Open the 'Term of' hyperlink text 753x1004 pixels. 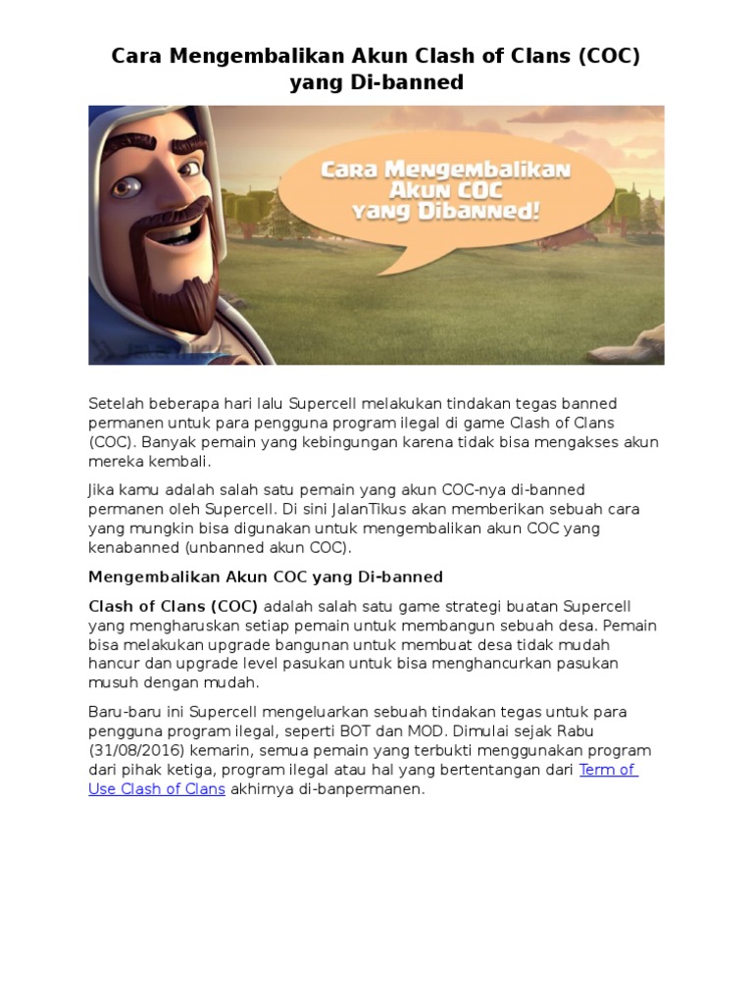click(608, 770)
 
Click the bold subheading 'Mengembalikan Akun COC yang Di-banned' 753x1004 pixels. click(266, 577)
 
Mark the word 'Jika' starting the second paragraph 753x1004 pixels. click(102, 489)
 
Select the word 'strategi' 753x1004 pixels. click(465, 606)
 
